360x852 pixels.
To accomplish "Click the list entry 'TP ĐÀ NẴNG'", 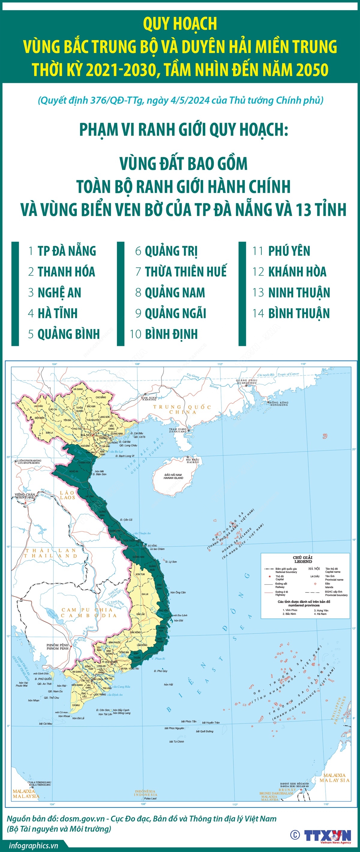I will click(67, 251).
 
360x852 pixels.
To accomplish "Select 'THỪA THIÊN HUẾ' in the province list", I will click(186, 271).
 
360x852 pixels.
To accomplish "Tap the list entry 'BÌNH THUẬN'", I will click(299, 313).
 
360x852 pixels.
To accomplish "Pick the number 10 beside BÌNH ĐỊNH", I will click(136, 334).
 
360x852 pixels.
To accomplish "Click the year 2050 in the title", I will click(312, 70).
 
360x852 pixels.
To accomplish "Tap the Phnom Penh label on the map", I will click(57, 646).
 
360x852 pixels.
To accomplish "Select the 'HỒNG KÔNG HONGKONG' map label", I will click(279, 403).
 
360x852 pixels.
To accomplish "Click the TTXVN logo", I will click(327, 835).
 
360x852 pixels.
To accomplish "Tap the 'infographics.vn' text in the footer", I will click(33, 845).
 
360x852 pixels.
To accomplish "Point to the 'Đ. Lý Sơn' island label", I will click(171, 562).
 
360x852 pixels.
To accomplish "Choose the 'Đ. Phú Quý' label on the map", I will click(160, 671).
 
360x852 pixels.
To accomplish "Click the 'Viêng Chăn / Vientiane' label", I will click(25, 496).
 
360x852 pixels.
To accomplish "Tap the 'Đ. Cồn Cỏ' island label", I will click(126, 520).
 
